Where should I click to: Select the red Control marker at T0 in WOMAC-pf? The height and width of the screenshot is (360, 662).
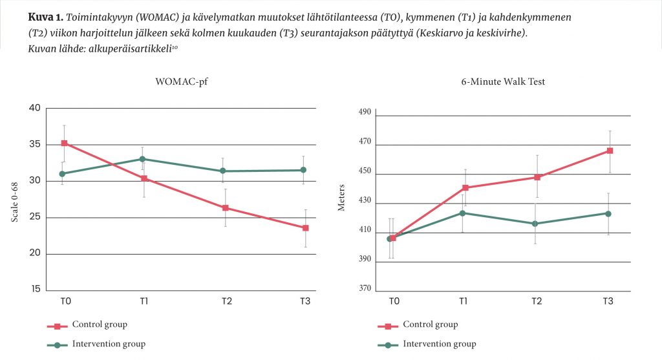pos(64,143)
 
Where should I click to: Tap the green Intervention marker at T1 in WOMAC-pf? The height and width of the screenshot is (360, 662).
pos(142,159)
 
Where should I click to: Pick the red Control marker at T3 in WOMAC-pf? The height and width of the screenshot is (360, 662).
pos(305,228)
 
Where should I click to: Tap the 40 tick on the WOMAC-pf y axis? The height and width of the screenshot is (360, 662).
pos(34,108)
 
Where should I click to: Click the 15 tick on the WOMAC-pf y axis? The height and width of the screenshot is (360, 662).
pos(34,290)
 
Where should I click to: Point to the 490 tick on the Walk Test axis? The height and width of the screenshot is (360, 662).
pos(365,112)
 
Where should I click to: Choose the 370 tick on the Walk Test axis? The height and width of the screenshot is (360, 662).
pos(365,289)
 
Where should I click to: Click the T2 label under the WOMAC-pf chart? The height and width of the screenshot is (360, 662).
pos(227,301)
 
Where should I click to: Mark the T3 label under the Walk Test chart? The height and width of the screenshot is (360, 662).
pos(608,301)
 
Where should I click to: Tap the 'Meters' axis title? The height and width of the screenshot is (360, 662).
pos(342,198)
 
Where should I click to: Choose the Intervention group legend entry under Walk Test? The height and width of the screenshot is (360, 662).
pos(439,344)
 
